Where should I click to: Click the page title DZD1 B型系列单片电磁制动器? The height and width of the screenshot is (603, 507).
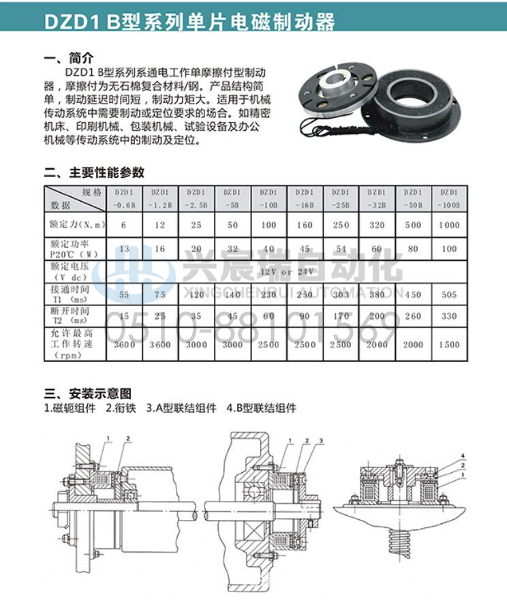tap(190, 21)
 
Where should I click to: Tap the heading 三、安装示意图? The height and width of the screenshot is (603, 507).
tap(87, 393)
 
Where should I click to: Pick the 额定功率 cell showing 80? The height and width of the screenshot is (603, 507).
tap(413, 249)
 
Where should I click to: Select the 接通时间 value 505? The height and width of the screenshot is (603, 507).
tap(449, 294)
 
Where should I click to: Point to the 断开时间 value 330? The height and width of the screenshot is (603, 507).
tap(449, 317)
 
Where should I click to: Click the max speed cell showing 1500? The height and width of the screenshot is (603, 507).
tap(449, 345)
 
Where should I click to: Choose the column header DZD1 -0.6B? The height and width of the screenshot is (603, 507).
tap(124, 198)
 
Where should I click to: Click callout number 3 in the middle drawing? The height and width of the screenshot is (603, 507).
tap(320, 442)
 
